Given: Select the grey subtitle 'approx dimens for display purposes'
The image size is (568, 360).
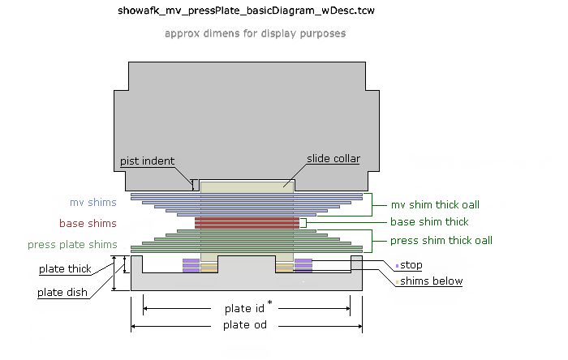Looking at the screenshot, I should pos(255,34).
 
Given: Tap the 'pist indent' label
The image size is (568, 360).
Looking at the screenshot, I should pos(147,161).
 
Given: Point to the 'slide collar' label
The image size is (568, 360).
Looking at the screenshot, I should pos(333,158).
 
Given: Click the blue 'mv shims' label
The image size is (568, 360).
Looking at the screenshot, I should pos(93,202).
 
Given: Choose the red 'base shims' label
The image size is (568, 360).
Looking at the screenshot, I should pos(88,223).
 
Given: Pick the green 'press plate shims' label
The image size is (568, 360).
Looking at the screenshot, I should pos(72,244).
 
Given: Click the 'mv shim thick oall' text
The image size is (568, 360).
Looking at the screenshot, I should pos(441,204).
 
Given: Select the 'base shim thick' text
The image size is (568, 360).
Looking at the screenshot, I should pos(429,221).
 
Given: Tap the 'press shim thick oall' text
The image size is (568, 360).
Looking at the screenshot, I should pos(441,240).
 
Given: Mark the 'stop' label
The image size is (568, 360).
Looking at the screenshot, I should pos(411,265).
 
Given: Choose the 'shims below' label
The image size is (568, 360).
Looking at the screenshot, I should pos(431,281).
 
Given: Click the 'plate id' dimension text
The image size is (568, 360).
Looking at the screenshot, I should pos(243,309).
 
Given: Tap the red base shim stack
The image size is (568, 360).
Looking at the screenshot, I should pos(247,222).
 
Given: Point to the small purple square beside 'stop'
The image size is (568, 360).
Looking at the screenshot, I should pos(397,265).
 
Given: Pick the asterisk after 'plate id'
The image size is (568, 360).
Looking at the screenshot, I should pos(269,303).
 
